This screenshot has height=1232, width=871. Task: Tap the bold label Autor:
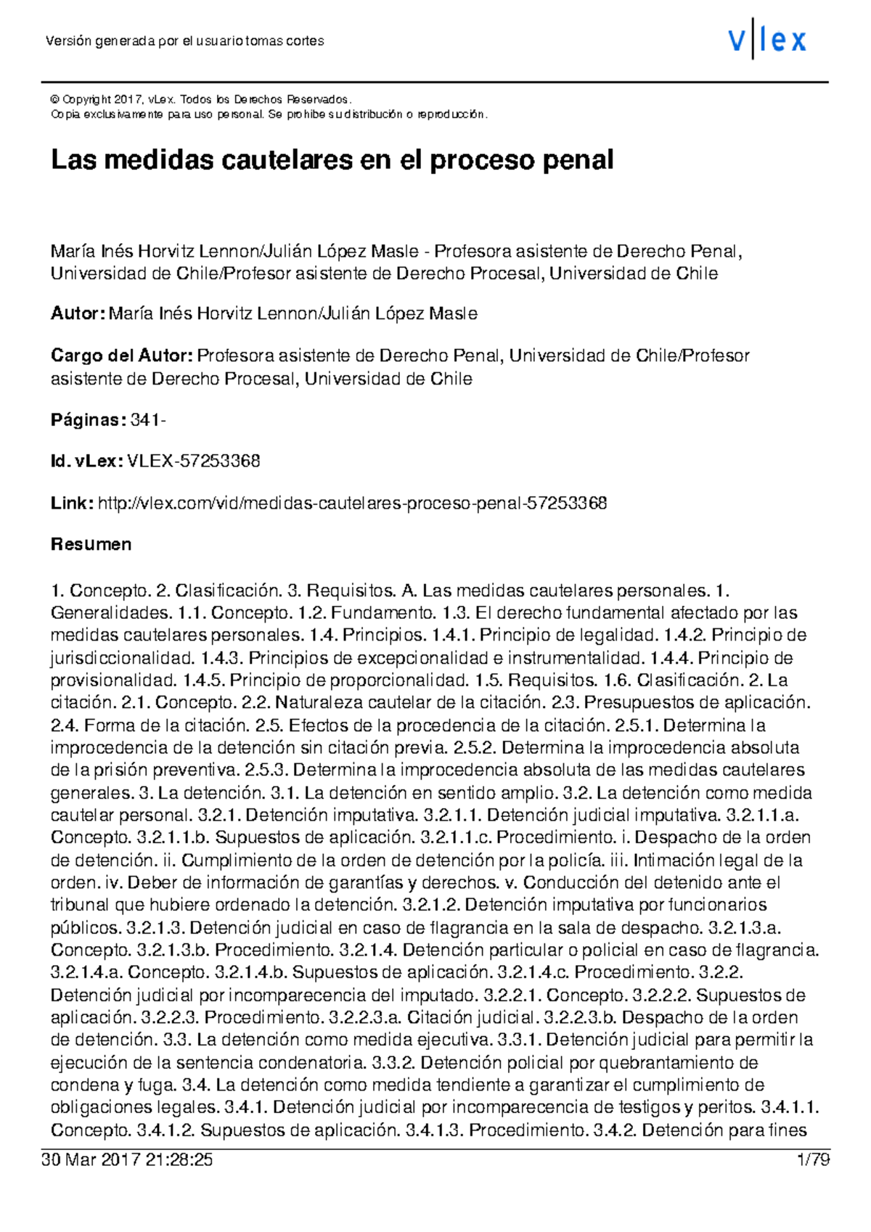pos(78,314)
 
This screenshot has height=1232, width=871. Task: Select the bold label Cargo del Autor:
pos(121,356)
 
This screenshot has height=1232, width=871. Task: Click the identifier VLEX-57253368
pos(193,461)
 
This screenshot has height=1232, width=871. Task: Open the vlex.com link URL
pos(352,504)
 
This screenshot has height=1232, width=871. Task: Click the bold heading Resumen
pos(91,545)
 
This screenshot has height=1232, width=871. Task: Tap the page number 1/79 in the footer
pos(813,1160)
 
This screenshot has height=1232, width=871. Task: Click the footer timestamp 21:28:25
pos(179,1160)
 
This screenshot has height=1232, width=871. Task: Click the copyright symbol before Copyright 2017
pos(54,99)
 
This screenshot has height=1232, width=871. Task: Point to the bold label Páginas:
pos(88,420)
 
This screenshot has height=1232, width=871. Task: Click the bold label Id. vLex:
pos(86,461)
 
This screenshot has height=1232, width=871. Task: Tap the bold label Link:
pos(71,504)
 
